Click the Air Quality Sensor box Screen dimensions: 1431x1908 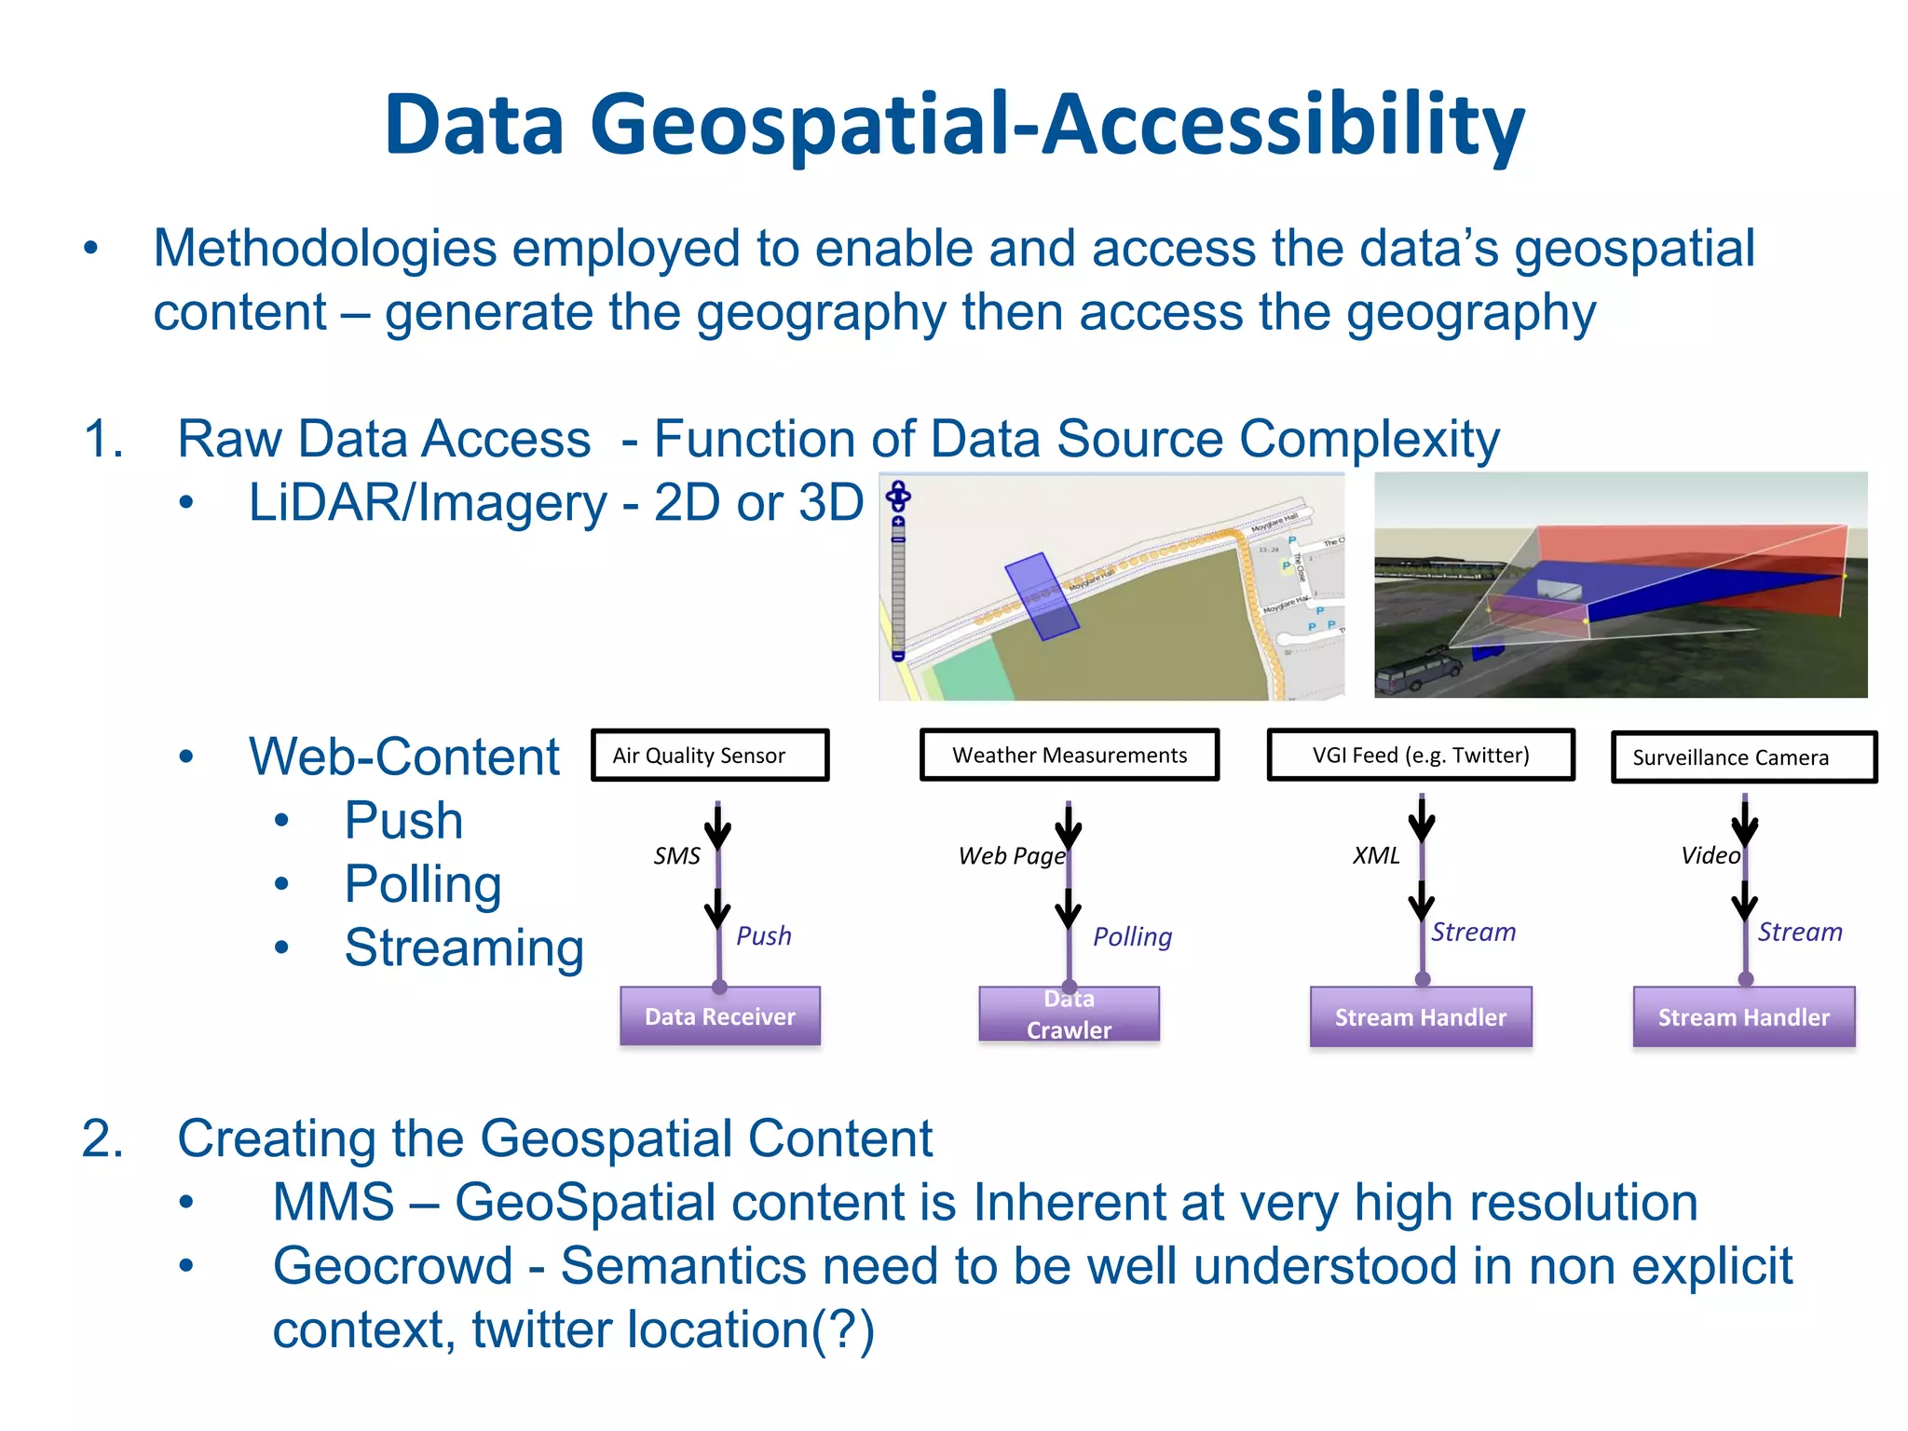point(710,756)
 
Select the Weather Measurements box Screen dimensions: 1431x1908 point(1069,756)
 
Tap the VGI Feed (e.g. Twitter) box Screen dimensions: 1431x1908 point(1420,756)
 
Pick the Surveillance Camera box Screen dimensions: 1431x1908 point(1743,757)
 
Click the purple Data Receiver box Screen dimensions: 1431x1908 point(720,1016)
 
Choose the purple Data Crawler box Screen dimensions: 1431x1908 point(1069,1015)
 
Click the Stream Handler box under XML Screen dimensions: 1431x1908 point(1420,1017)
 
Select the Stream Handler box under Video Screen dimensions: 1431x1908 point(1743,1017)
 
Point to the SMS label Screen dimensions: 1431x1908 point(676,856)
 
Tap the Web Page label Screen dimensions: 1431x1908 point(1011,856)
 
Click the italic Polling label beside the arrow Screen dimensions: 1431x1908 point(1132,936)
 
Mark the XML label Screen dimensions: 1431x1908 point(1376,856)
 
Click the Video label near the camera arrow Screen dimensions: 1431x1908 point(1710,856)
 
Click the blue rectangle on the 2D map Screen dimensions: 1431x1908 point(1041,596)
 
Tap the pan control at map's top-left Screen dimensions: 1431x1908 point(898,495)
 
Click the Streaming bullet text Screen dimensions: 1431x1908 point(464,948)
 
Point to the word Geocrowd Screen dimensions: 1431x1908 point(392,1266)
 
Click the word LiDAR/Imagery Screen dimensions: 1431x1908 point(428,503)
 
